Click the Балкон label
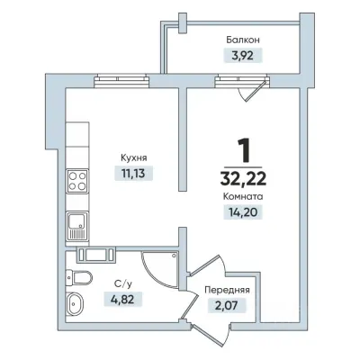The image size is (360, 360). pyautogui.click(x=243, y=40)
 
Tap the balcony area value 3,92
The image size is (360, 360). pyautogui.click(x=243, y=56)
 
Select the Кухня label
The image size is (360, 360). pyautogui.click(x=134, y=158)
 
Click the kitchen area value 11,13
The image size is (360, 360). pyautogui.click(x=133, y=174)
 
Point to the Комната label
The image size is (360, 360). pyautogui.click(x=243, y=197)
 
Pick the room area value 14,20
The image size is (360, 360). pyautogui.click(x=243, y=212)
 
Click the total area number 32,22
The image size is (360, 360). pyautogui.click(x=243, y=179)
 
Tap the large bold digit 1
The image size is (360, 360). pyautogui.click(x=244, y=150)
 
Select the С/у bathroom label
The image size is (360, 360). pyautogui.click(x=123, y=283)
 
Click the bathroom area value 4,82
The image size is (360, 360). pyautogui.click(x=123, y=299)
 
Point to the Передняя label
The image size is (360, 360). pyautogui.click(x=227, y=291)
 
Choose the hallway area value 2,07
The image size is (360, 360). pyautogui.click(x=227, y=306)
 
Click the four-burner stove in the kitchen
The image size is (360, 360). pyautogui.click(x=77, y=181)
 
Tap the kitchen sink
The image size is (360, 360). pyautogui.click(x=77, y=226)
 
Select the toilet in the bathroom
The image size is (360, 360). pyautogui.click(x=78, y=277)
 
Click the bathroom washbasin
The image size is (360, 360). pyautogui.click(x=76, y=303)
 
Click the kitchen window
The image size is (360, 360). pyautogui.click(x=121, y=81)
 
